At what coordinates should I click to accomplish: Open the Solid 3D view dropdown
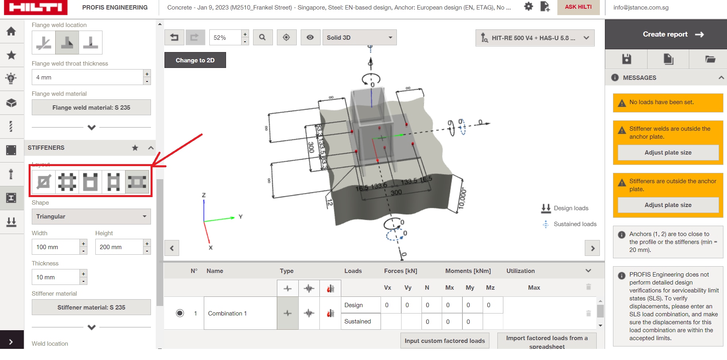[x=359, y=38]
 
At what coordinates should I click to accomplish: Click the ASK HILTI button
[x=578, y=7]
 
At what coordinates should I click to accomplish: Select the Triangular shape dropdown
[x=91, y=217]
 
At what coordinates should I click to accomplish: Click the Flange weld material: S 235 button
[x=91, y=108]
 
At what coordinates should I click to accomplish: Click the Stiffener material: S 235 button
[x=91, y=308]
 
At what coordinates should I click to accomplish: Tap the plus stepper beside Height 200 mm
[x=147, y=243]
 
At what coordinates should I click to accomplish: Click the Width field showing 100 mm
[x=56, y=247]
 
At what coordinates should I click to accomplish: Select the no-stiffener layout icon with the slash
[x=44, y=182]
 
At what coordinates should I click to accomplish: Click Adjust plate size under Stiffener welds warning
[x=668, y=153]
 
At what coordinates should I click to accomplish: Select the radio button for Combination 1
[x=180, y=314]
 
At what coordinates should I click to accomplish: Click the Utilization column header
[x=520, y=271]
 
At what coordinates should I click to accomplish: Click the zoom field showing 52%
[x=225, y=38]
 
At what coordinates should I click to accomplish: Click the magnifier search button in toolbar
[x=262, y=38]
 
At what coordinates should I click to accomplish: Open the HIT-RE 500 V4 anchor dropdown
[x=534, y=38]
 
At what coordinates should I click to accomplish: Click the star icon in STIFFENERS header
[x=135, y=148]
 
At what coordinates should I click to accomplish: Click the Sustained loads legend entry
[x=574, y=224]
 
